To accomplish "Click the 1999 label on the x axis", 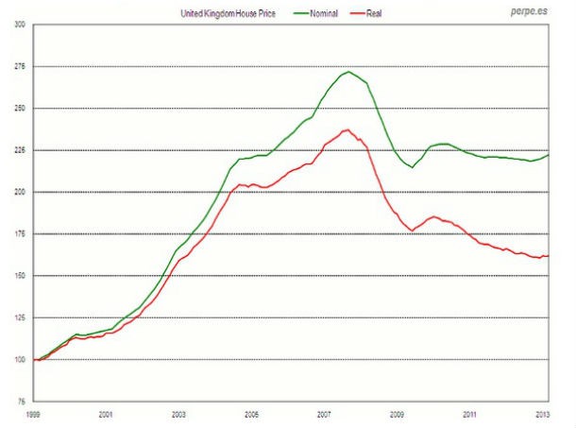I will [34, 414].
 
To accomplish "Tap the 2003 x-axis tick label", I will [179, 414].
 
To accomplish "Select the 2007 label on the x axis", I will [324, 414].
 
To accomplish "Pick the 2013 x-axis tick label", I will [542, 414].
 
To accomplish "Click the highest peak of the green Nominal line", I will [348, 72].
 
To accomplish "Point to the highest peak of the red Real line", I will [347, 129].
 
